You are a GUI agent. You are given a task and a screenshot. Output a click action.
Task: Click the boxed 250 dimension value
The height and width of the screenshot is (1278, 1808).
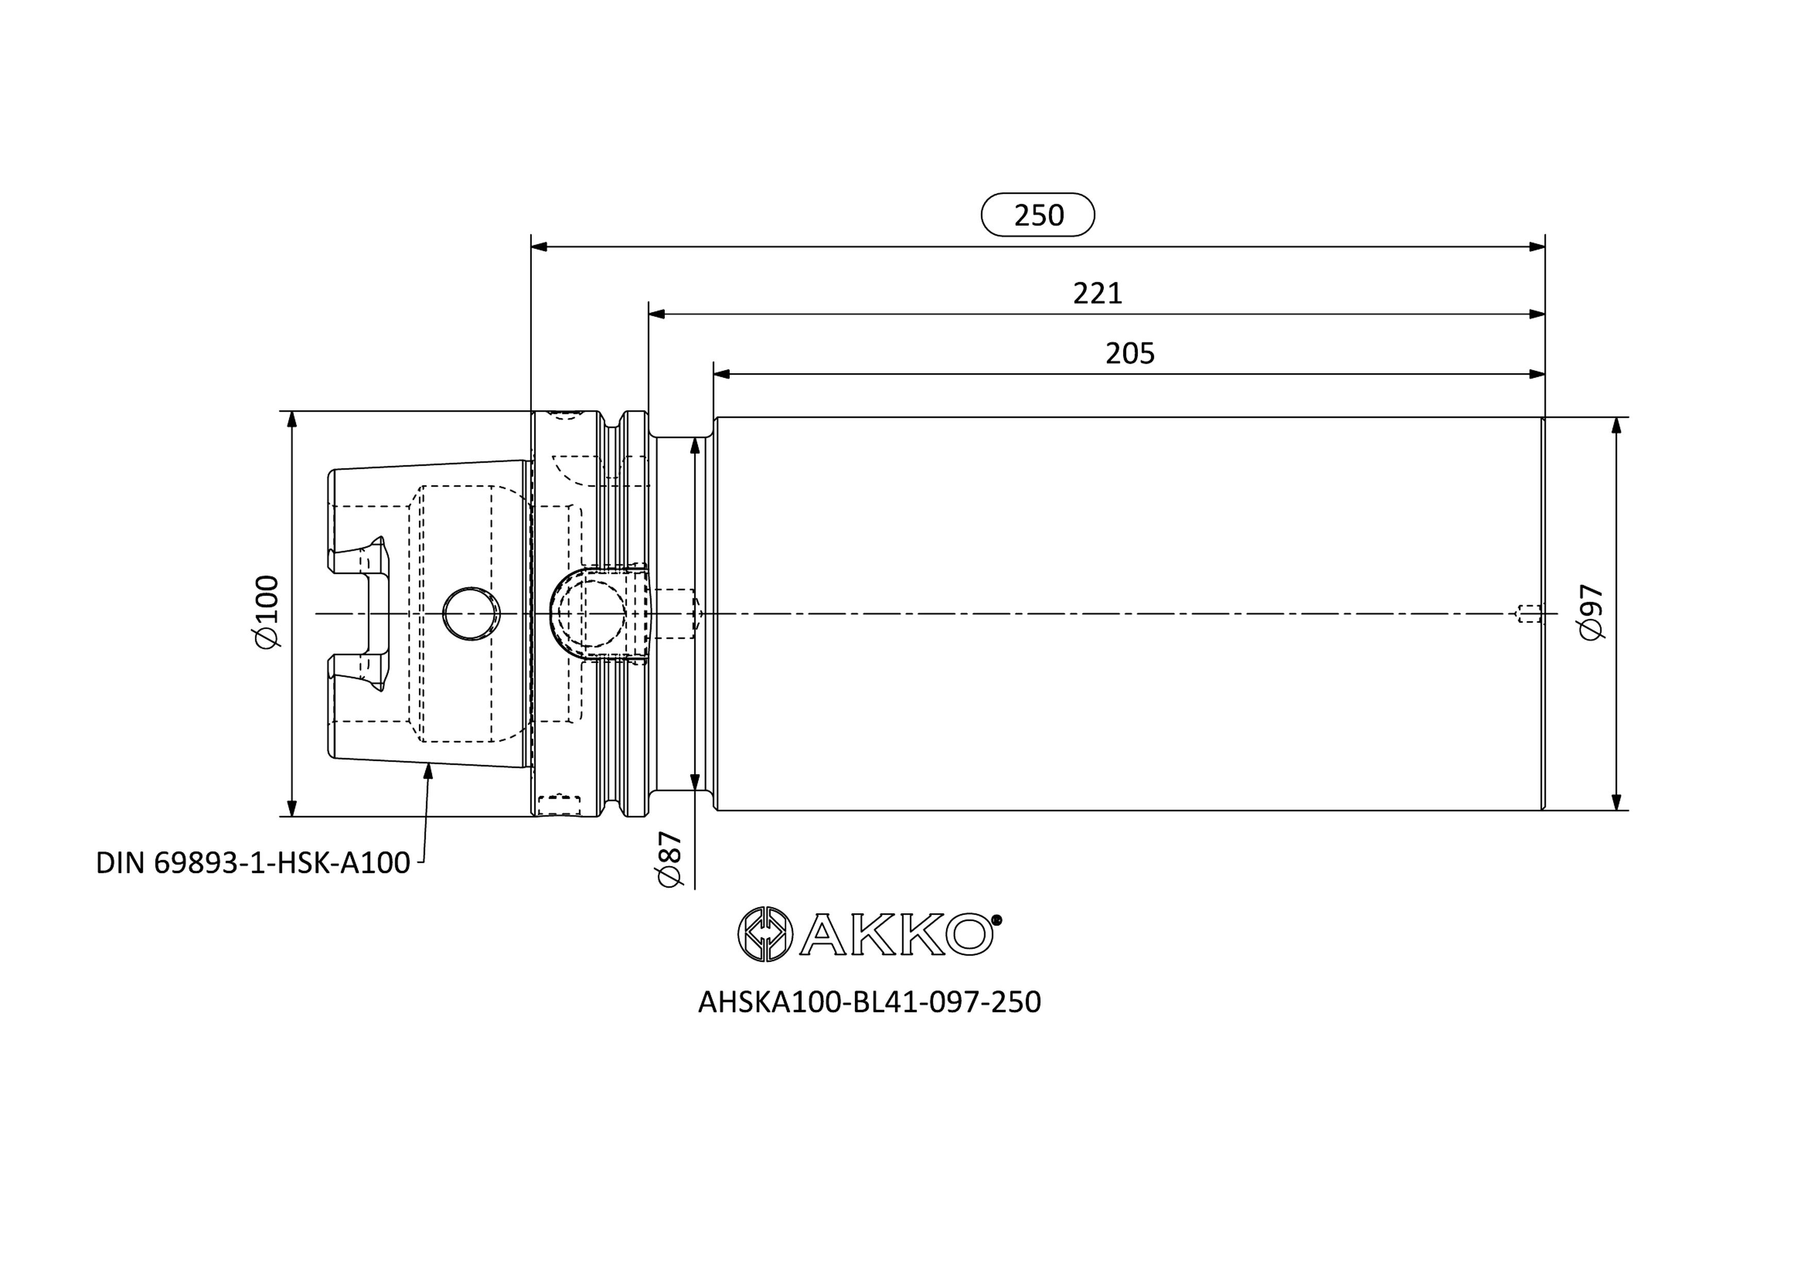click(1038, 215)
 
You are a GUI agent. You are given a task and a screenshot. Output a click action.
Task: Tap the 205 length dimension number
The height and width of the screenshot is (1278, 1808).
click(1130, 354)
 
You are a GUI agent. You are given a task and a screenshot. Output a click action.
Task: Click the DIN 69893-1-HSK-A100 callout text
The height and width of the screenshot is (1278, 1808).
click(253, 863)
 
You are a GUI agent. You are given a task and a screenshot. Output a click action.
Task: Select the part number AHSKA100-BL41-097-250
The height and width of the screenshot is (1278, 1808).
click(869, 1002)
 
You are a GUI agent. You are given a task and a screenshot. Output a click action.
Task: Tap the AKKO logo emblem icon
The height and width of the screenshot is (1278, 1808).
click(764, 933)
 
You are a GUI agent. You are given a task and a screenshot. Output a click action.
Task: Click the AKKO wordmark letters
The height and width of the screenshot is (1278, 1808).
click(896, 935)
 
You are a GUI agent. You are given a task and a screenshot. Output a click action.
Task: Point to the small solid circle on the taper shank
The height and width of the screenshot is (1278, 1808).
click(472, 613)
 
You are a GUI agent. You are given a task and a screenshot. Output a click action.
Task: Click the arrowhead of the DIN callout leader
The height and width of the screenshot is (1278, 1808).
click(428, 771)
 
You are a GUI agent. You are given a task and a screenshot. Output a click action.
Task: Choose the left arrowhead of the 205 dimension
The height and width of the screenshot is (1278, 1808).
click(722, 374)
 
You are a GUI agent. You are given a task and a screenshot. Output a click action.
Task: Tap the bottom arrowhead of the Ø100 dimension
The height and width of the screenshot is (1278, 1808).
click(292, 809)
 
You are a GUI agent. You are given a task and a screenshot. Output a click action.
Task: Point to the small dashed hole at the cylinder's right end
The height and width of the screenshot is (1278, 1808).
click(1529, 613)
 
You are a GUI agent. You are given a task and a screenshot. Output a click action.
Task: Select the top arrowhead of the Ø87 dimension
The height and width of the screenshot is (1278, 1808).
click(695, 446)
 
